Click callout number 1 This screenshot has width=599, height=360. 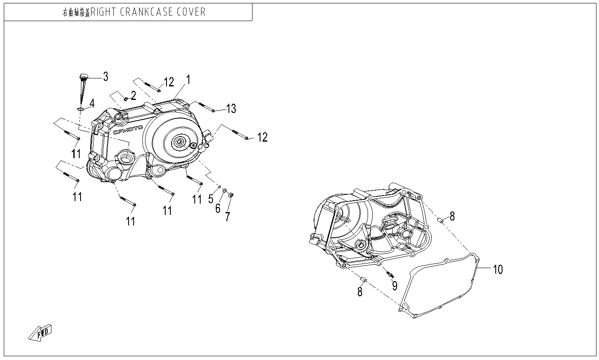188,80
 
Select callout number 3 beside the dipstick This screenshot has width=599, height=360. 105,77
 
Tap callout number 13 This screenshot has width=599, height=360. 231,109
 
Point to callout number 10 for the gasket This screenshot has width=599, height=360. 498,269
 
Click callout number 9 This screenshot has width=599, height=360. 395,286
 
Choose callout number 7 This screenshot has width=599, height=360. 228,217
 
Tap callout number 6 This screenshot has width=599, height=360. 218,208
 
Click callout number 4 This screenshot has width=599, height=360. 91,103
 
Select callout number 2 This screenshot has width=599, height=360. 133,96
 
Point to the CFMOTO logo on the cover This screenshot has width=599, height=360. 128,129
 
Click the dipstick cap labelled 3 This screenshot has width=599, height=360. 83,77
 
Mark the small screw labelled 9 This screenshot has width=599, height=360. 389,274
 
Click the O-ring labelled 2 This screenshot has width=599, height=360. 125,100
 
